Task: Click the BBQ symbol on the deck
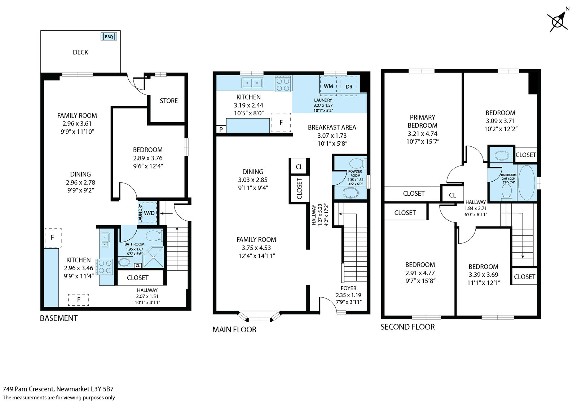pyautogui.click(x=109, y=36)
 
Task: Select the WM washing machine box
pyautogui.click(x=328, y=86)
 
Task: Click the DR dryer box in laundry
pyautogui.click(x=349, y=86)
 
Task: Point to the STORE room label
pyautogui.click(x=168, y=101)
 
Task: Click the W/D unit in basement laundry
pyautogui.click(x=149, y=213)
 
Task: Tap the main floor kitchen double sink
pyautogui.click(x=252, y=83)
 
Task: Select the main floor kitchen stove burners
pyautogui.click(x=283, y=84)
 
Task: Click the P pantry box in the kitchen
pyautogui.click(x=221, y=129)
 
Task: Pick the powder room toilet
pyautogui.click(x=358, y=164)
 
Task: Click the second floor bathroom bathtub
pyautogui.click(x=527, y=182)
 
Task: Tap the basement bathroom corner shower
pyautogui.click(x=153, y=257)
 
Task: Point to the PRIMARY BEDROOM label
pyautogui.click(x=422, y=121)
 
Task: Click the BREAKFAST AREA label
pyautogui.click(x=332, y=128)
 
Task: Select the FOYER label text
pyautogui.click(x=348, y=288)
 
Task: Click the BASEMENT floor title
pyautogui.click(x=59, y=318)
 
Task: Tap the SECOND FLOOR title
pyautogui.click(x=408, y=327)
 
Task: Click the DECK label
pyautogui.click(x=80, y=52)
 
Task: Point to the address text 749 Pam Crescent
pyautogui.click(x=28, y=389)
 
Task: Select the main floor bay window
pyautogui.click(x=259, y=318)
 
